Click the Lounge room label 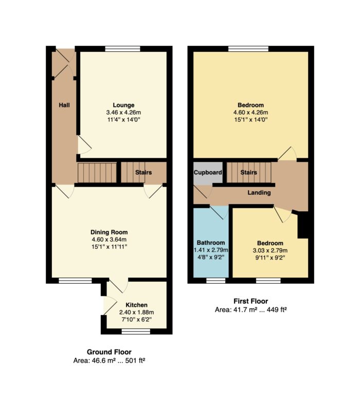coord(123,105)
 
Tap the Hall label coord(64,105)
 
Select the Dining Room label coord(109,232)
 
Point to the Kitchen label coord(136,305)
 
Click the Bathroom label coord(211,243)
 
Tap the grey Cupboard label coord(208,172)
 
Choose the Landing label coord(259,193)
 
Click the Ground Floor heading coord(109,352)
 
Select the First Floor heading coord(250,301)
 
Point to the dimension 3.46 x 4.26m coord(123,113)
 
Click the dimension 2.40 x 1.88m coord(136,313)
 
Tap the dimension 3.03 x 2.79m coord(270,250)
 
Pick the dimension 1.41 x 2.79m coord(211,250)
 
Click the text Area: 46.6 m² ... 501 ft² coord(109,360)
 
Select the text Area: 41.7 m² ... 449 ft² coord(250,309)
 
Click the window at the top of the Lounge coord(123,49)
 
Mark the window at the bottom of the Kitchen coord(136,332)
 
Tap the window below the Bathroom coord(216,281)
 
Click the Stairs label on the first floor coord(248,172)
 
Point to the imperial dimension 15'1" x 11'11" coord(109,247)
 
